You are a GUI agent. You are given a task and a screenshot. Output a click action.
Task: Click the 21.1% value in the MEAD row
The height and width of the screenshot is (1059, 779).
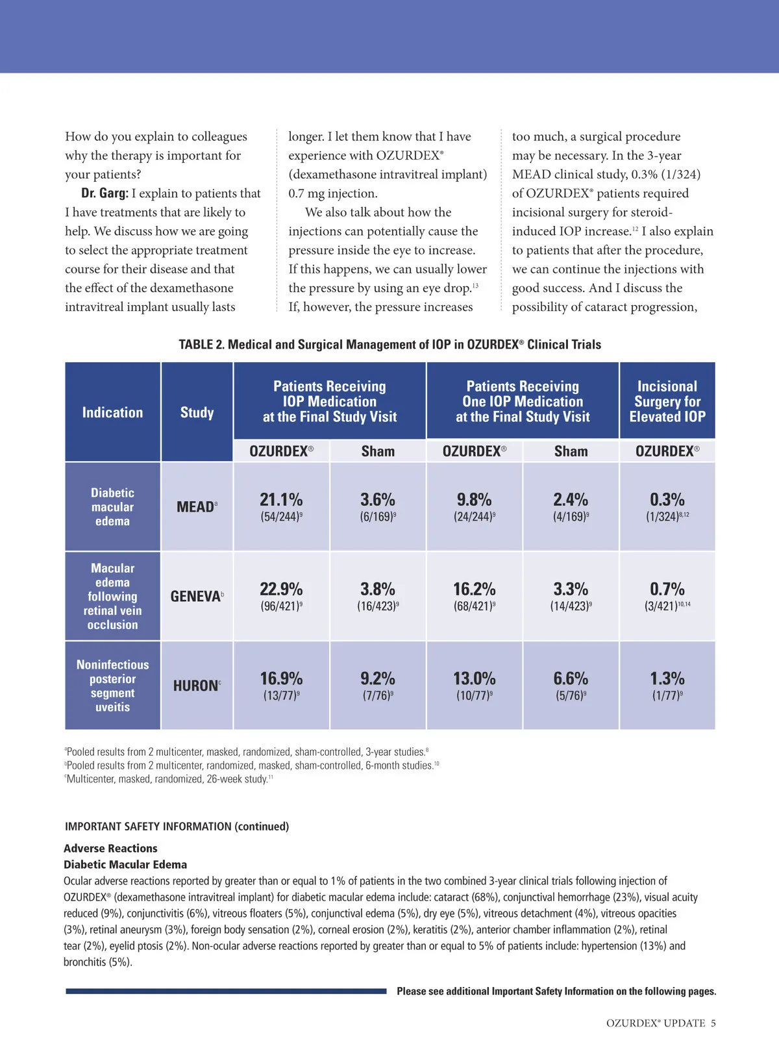click(x=281, y=500)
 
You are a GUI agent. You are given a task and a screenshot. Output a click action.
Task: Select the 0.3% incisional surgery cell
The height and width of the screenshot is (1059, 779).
click(x=667, y=500)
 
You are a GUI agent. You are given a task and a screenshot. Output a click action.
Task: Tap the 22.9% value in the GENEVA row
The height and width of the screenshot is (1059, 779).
click(x=281, y=590)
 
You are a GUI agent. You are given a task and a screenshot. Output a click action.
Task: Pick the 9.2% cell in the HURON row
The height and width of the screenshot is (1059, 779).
click(x=378, y=679)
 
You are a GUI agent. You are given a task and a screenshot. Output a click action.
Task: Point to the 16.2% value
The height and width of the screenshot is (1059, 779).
click(x=475, y=590)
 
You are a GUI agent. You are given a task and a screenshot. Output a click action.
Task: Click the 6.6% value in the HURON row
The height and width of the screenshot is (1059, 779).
click(x=571, y=679)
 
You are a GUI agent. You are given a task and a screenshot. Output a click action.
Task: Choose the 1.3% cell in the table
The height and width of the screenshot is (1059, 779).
click(x=667, y=679)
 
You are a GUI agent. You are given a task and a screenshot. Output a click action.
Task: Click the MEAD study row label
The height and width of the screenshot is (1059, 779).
click(x=196, y=507)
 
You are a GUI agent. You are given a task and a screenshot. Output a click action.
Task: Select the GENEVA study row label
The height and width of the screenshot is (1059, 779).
click(x=196, y=597)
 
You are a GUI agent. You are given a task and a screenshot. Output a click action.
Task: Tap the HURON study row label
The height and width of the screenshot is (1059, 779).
click(x=196, y=686)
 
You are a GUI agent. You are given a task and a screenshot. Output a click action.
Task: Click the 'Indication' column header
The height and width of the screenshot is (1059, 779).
click(x=112, y=413)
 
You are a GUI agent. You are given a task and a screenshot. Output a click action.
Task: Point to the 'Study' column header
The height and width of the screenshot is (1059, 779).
click(x=197, y=413)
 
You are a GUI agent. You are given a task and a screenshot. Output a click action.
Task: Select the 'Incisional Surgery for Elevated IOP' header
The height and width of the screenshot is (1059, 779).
click(x=667, y=401)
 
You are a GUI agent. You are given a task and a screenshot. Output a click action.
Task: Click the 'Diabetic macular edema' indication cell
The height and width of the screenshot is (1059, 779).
click(x=112, y=507)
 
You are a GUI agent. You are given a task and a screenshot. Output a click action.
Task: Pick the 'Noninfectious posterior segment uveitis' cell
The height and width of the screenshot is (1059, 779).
click(x=112, y=686)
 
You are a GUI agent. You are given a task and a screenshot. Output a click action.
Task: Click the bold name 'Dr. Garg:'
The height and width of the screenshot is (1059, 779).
click(x=105, y=193)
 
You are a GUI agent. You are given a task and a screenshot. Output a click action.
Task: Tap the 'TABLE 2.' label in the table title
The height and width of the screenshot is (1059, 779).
click(x=201, y=345)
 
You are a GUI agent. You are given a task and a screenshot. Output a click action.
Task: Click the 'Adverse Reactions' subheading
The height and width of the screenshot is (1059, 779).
click(x=110, y=849)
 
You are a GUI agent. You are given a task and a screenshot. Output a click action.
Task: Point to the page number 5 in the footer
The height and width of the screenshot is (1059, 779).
click(x=713, y=1023)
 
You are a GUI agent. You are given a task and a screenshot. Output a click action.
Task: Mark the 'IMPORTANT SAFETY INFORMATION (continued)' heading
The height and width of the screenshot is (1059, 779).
click(x=177, y=827)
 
